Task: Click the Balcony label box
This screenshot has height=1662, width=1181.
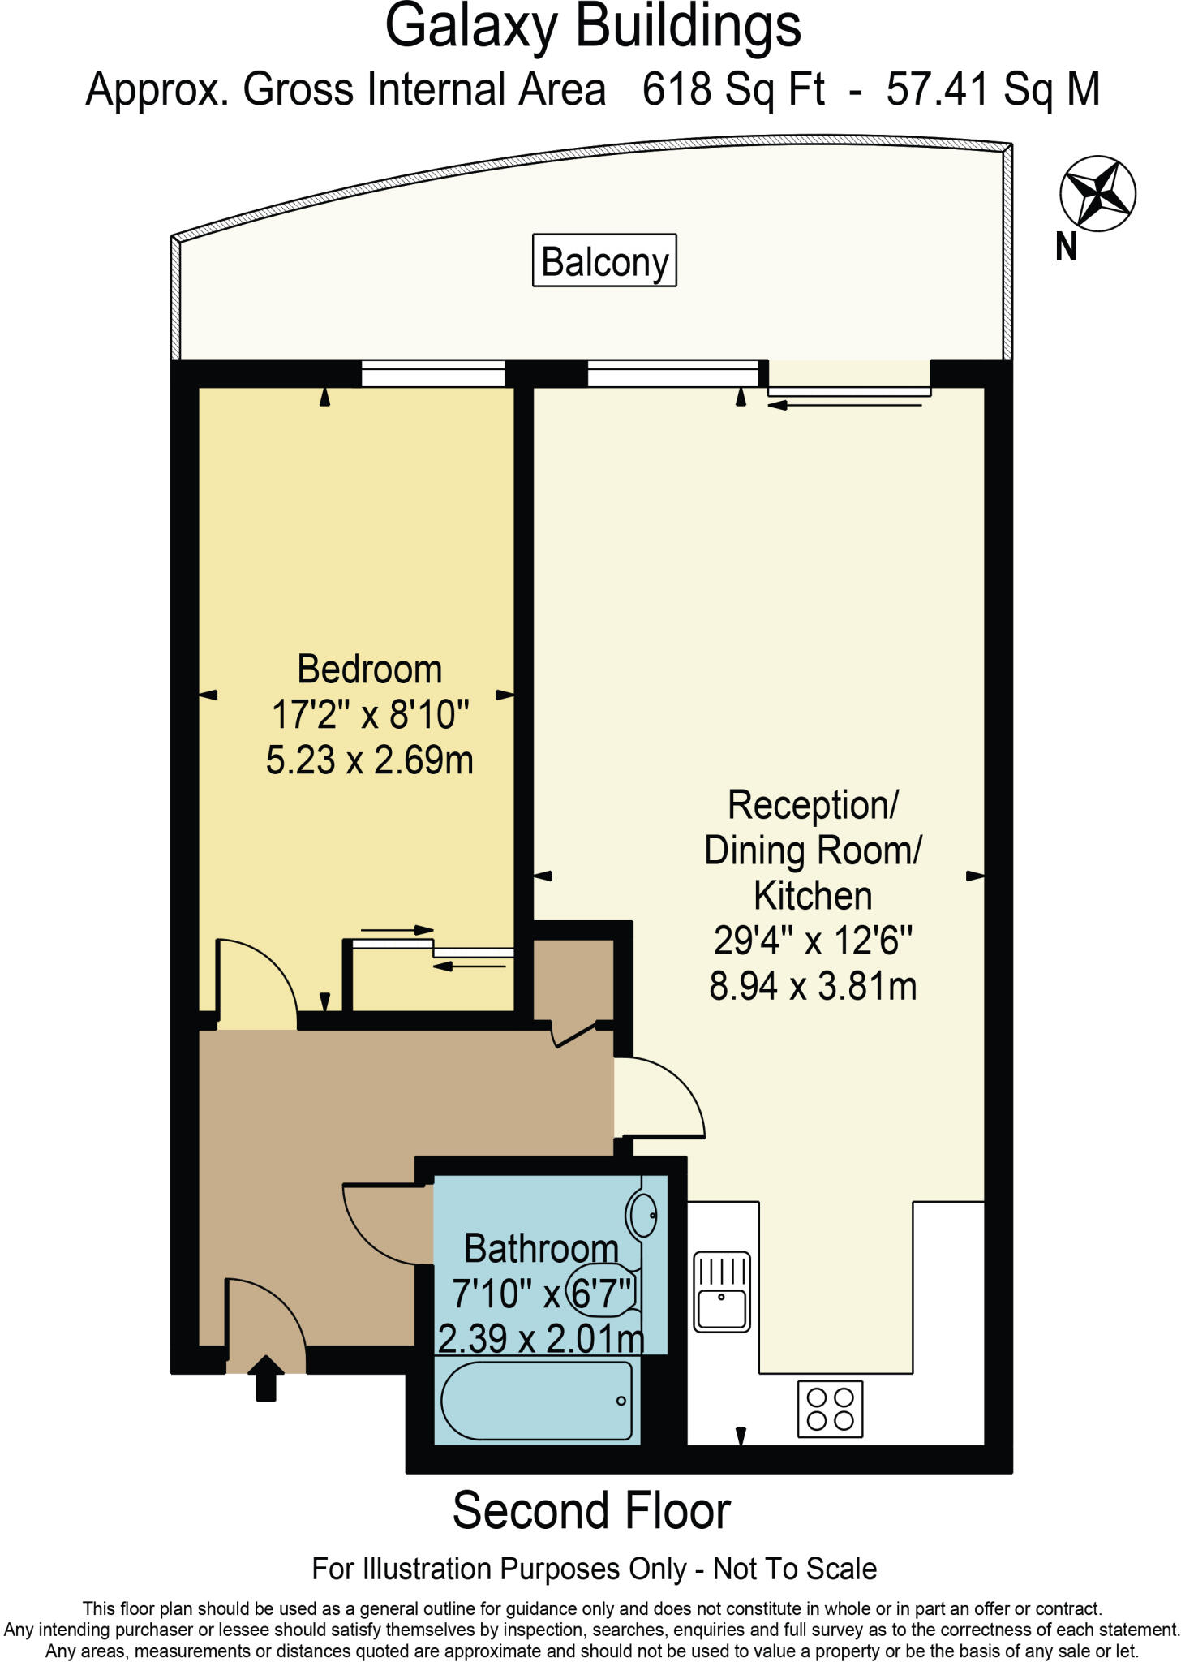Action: [604, 260]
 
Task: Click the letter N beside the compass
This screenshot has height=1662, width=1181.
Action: [1066, 247]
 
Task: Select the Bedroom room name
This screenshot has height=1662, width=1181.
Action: [370, 670]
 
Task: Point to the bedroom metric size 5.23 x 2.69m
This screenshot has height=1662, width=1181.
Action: [370, 760]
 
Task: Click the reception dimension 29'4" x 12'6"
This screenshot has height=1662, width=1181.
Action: [813, 941]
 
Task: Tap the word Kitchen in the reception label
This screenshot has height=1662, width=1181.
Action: [813, 896]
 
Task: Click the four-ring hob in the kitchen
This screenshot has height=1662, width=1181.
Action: [831, 1409]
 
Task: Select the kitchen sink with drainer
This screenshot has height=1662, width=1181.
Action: [722, 1291]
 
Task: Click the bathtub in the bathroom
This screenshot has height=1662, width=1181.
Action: [537, 1401]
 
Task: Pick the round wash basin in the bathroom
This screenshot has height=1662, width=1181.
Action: [641, 1215]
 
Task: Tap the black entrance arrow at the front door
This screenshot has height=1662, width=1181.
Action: [265, 1379]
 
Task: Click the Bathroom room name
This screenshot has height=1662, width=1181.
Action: [542, 1248]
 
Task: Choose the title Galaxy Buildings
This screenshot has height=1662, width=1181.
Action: [593, 28]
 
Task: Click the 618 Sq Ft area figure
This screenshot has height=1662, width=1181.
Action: [733, 89]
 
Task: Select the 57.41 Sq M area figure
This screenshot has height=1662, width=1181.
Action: [993, 89]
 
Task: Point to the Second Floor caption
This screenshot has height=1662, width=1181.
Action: [591, 1511]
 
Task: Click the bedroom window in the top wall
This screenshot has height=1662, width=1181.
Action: [433, 375]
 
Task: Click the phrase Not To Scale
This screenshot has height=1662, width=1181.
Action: [795, 1569]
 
